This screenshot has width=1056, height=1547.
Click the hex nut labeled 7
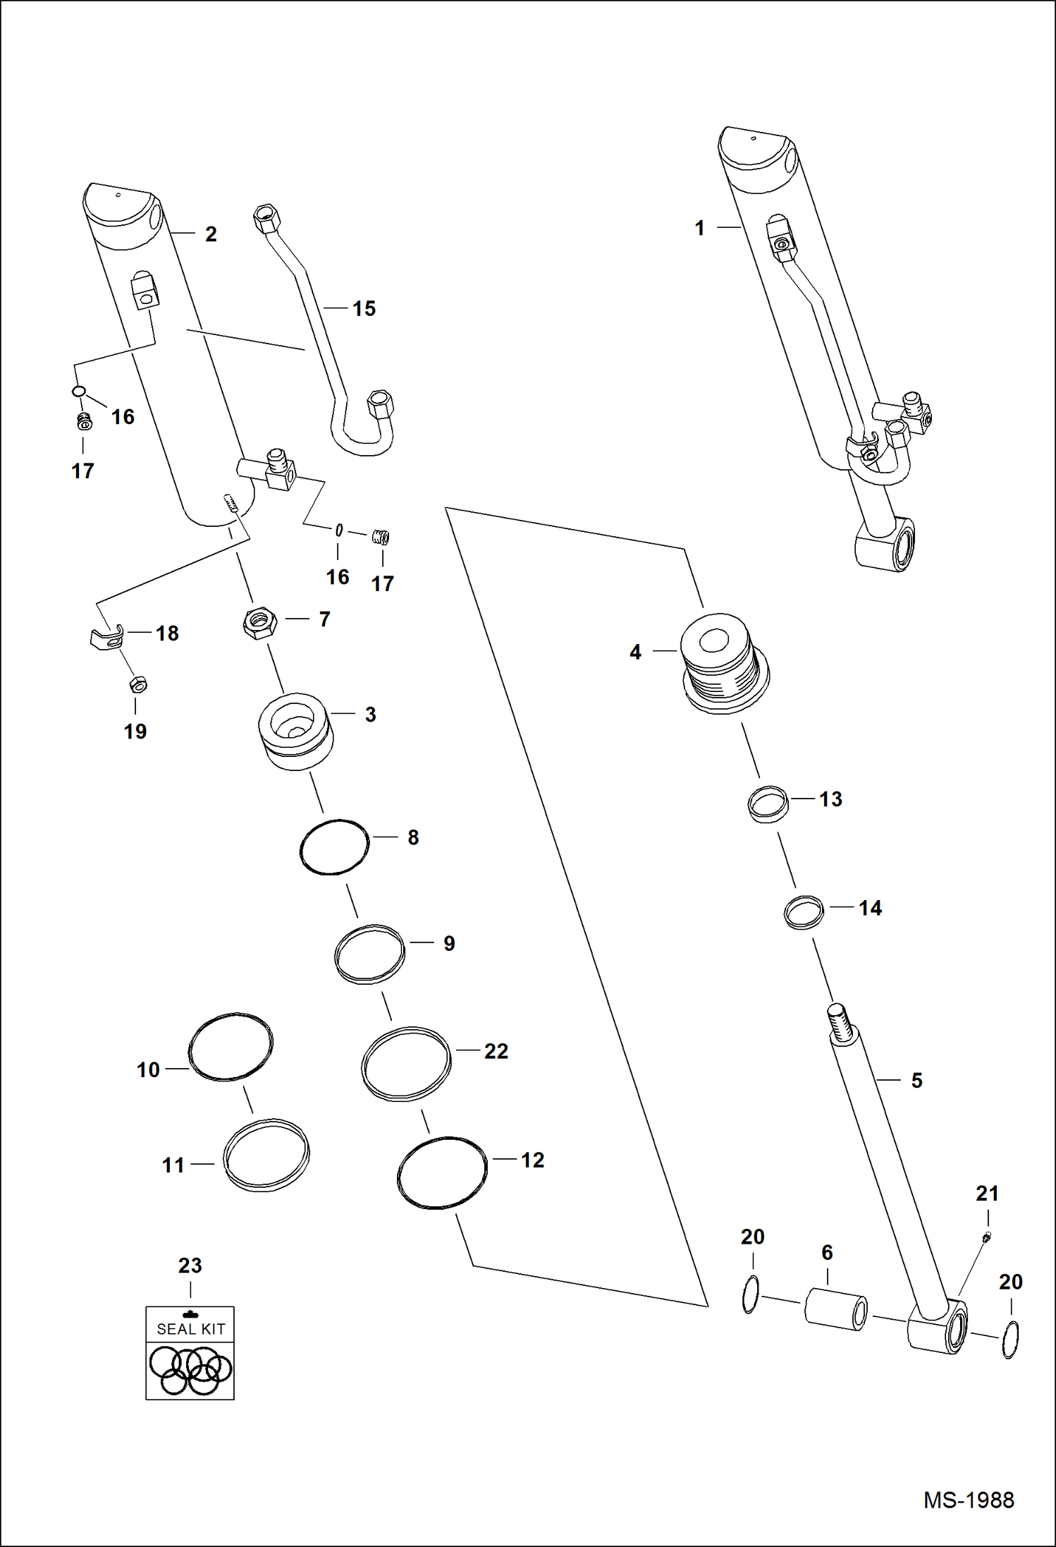point(259,623)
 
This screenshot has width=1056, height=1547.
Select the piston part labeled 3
point(295,732)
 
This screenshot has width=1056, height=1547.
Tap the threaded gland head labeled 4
point(724,663)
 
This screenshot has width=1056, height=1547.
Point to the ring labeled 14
point(804,912)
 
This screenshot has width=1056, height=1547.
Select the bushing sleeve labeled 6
point(835,1309)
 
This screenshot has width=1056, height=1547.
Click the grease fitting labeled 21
point(986,1237)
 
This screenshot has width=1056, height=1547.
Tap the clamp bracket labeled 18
point(108,638)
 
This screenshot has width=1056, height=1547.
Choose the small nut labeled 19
point(137,684)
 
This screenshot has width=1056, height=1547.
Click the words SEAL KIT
point(190,1329)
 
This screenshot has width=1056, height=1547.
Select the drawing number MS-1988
point(969,1500)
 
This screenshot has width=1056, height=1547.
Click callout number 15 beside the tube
point(364,308)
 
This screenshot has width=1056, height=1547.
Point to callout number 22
point(496,1051)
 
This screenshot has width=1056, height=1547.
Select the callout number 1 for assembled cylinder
point(699,228)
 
